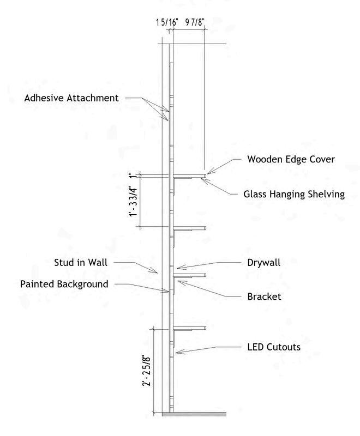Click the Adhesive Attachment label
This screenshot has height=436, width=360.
tap(71, 99)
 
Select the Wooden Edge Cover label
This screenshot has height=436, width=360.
tap(291, 160)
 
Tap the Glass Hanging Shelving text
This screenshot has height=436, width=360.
tap(294, 194)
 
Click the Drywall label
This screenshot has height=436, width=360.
tap(263, 263)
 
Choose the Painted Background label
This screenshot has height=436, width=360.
tap(64, 284)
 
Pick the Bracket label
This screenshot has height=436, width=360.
tap(264, 297)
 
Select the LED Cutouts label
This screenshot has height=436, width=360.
tap(274, 347)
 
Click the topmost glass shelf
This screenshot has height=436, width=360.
tap(189, 175)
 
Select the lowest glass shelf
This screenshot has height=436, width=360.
tap(189, 328)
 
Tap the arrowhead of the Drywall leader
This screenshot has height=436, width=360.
tap(178, 268)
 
